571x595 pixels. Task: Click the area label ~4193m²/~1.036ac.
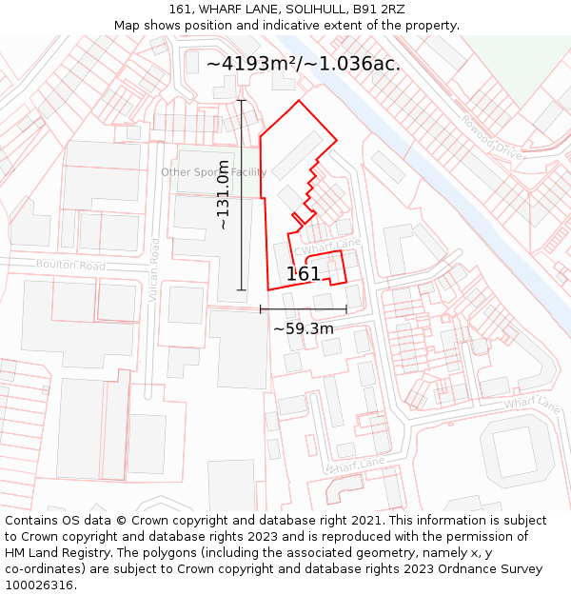pyautogui.click(x=303, y=64)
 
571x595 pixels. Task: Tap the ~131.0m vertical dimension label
pyautogui.click(x=223, y=195)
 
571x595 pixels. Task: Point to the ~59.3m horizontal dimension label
pyautogui.click(x=304, y=328)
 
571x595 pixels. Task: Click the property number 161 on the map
pyautogui.click(x=304, y=274)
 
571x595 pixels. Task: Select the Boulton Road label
pyautogui.click(x=70, y=266)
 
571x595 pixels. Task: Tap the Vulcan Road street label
pyautogui.click(x=154, y=270)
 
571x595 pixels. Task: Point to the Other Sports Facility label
pyautogui.click(x=213, y=172)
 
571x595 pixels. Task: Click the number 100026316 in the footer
pyautogui.click(x=41, y=585)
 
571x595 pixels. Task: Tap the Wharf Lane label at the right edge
pyautogui.click(x=533, y=404)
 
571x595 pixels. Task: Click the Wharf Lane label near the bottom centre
pyautogui.click(x=355, y=466)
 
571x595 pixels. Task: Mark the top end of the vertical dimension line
pyautogui.click(x=241, y=100)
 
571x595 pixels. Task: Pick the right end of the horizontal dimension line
pyautogui.click(x=346, y=309)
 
